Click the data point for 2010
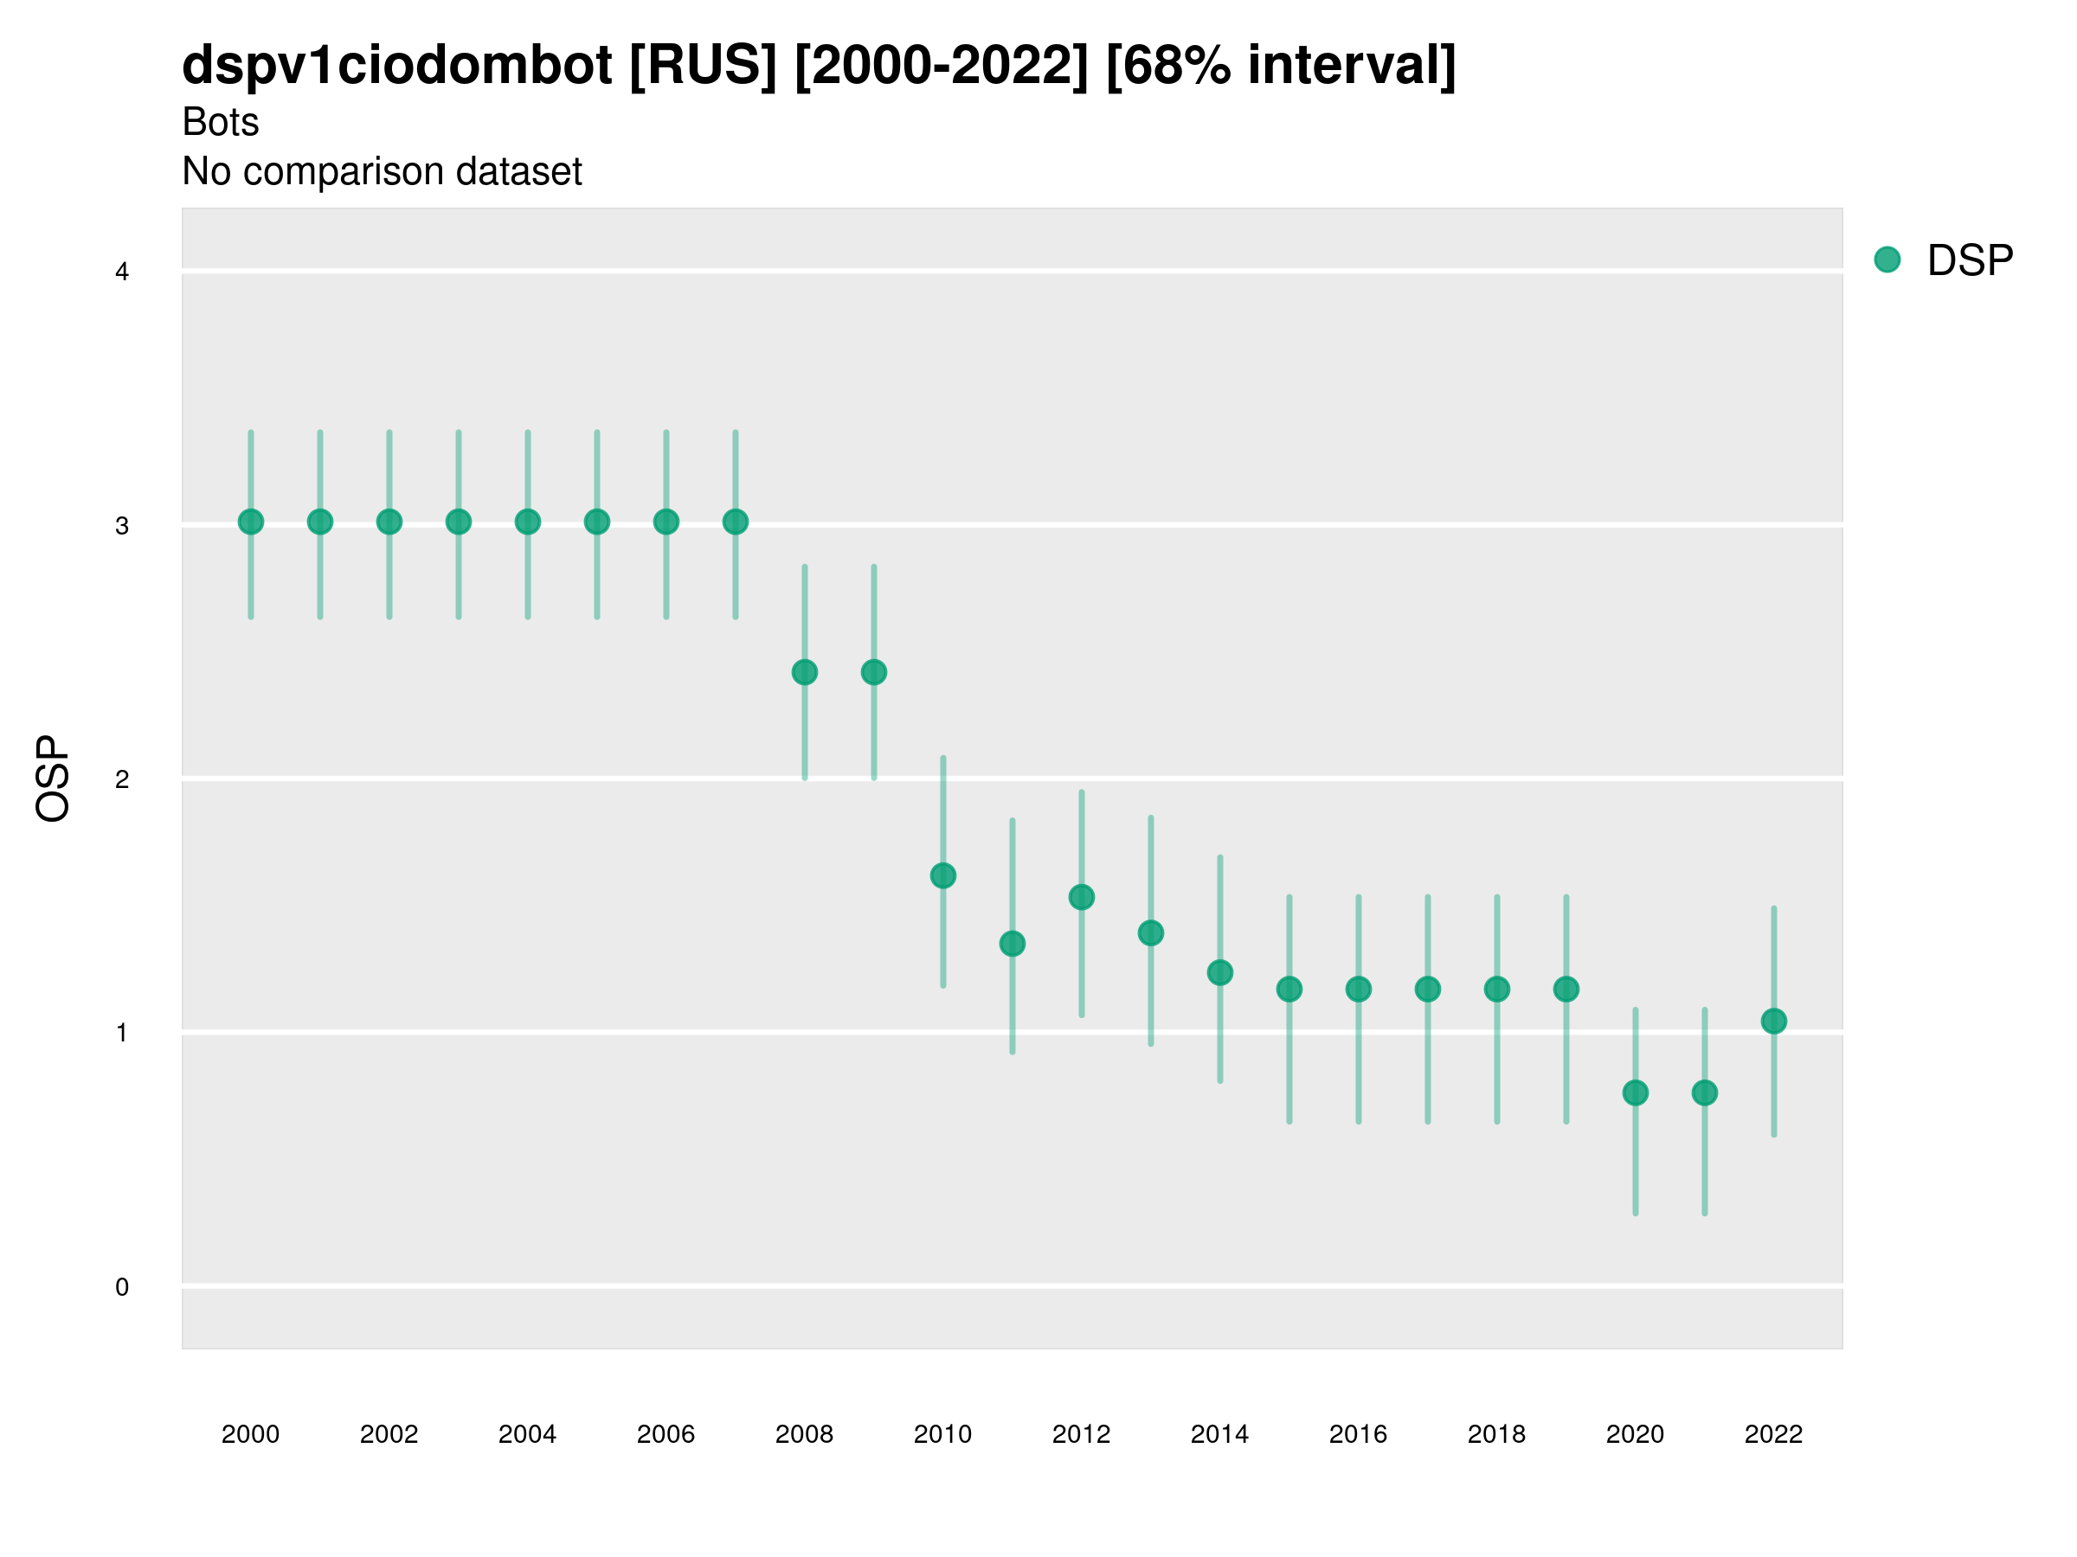pyautogui.click(x=942, y=875)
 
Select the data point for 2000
pyautogui.click(x=251, y=522)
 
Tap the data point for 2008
pyautogui.click(x=805, y=672)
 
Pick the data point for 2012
pyautogui.click(x=1082, y=897)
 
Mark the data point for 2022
pyautogui.click(x=1774, y=1021)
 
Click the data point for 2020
pyautogui.click(x=1636, y=1092)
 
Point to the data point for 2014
pyautogui.click(x=1219, y=972)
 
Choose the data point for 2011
pyautogui.click(x=1013, y=943)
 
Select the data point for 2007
pyautogui.click(x=736, y=522)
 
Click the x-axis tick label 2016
pyautogui.click(x=1358, y=1434)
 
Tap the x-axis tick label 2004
pyautogui.click(x=527, y=1434)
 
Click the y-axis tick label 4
pyautogui.click(x=122, y=272)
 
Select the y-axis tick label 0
pyautogui.click(x=122, y=1287)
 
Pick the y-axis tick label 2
pyautogui.click(x=122, y=779)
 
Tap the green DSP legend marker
pyautogui.click(x=1887, y=260)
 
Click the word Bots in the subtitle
pyautogui.click(x=220, y=122)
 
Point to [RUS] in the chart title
pyautogui.click(x=703, y=66)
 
